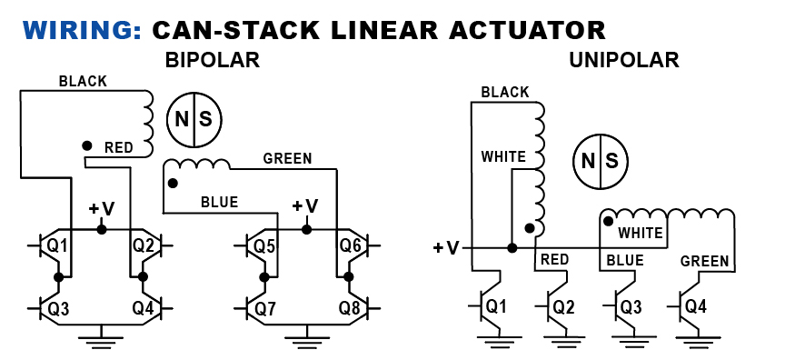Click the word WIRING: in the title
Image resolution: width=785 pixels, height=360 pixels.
pos(80,29)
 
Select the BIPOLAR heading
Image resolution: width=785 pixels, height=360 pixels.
pos(213,61)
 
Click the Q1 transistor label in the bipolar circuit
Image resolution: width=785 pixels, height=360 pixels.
pos(58,245)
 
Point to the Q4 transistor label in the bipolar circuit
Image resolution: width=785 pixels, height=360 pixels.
pos(144,307)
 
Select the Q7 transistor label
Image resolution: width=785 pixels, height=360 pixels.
pos(264,307)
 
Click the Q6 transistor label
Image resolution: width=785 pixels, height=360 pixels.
pos(351,245)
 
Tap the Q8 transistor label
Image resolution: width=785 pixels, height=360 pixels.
pos(351,307)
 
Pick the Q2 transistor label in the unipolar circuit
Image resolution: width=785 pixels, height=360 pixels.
pos(563,306)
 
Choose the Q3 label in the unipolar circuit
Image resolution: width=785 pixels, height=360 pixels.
pos(631,306)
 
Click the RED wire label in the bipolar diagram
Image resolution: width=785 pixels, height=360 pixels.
pos(118,147)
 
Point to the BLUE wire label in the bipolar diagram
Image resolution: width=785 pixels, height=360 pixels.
pos(219,202)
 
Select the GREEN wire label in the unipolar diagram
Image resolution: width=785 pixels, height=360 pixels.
pos(705,262)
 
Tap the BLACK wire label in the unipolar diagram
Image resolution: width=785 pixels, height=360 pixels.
pos(504,92)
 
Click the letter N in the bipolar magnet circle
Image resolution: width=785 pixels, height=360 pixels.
pos(182,119)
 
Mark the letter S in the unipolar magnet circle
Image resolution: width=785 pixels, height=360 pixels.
pos(611,161)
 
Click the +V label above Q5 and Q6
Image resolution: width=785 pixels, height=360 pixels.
pos(305,205)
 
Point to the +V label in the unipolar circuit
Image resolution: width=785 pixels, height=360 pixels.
pos(446,247)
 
